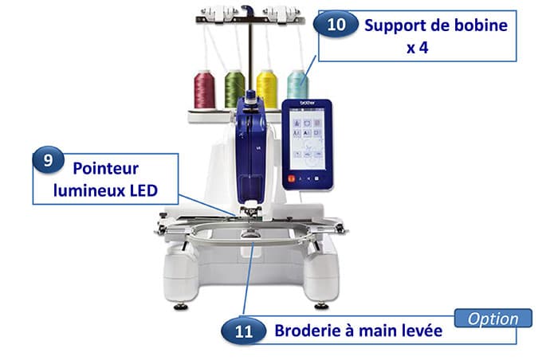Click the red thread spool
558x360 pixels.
tap(204, 89)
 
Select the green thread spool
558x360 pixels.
tap(235, 88)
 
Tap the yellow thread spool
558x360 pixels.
tap(267, 89)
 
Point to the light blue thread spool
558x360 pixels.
tap(298, 84)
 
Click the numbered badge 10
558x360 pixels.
tap(336, 24)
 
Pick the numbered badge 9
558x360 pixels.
tap(48, 160)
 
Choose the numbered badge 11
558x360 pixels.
tap(243, 331)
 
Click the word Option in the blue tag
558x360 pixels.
tap(493, 319)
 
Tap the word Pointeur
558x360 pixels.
tap(106, 168)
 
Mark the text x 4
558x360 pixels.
tap(418, 48)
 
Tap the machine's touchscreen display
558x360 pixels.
tap(307, 139)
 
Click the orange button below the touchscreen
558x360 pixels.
tap(292, 179)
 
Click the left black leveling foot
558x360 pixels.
tap(181, 307)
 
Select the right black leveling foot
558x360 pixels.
tap(322, 306)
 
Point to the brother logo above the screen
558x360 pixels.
tap(308, 104)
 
